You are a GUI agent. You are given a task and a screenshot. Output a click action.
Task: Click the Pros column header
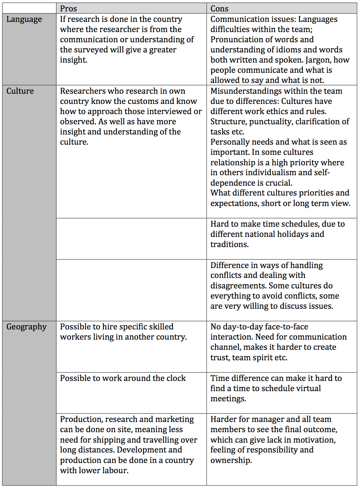pyautogui.click(x=68, y=9)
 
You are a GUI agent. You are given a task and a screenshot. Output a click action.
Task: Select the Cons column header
pyautogui.click(x=219, y=9)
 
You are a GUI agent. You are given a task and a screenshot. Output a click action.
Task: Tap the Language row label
pyautogui.click(x=24, y=19)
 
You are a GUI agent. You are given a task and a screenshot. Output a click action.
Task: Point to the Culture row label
pyautogui.click(x=20, y=91)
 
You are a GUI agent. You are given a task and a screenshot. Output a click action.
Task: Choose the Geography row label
pyautogui.click(x=27, y=327)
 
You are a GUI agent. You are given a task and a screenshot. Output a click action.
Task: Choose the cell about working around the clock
pyautogui.click(x=123, y=378)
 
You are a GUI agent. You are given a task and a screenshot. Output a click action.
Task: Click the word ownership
pyautogui.click(x=231, y=460)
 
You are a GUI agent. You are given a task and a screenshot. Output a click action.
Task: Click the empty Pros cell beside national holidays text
pyautogui.click(x=131, y=238)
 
